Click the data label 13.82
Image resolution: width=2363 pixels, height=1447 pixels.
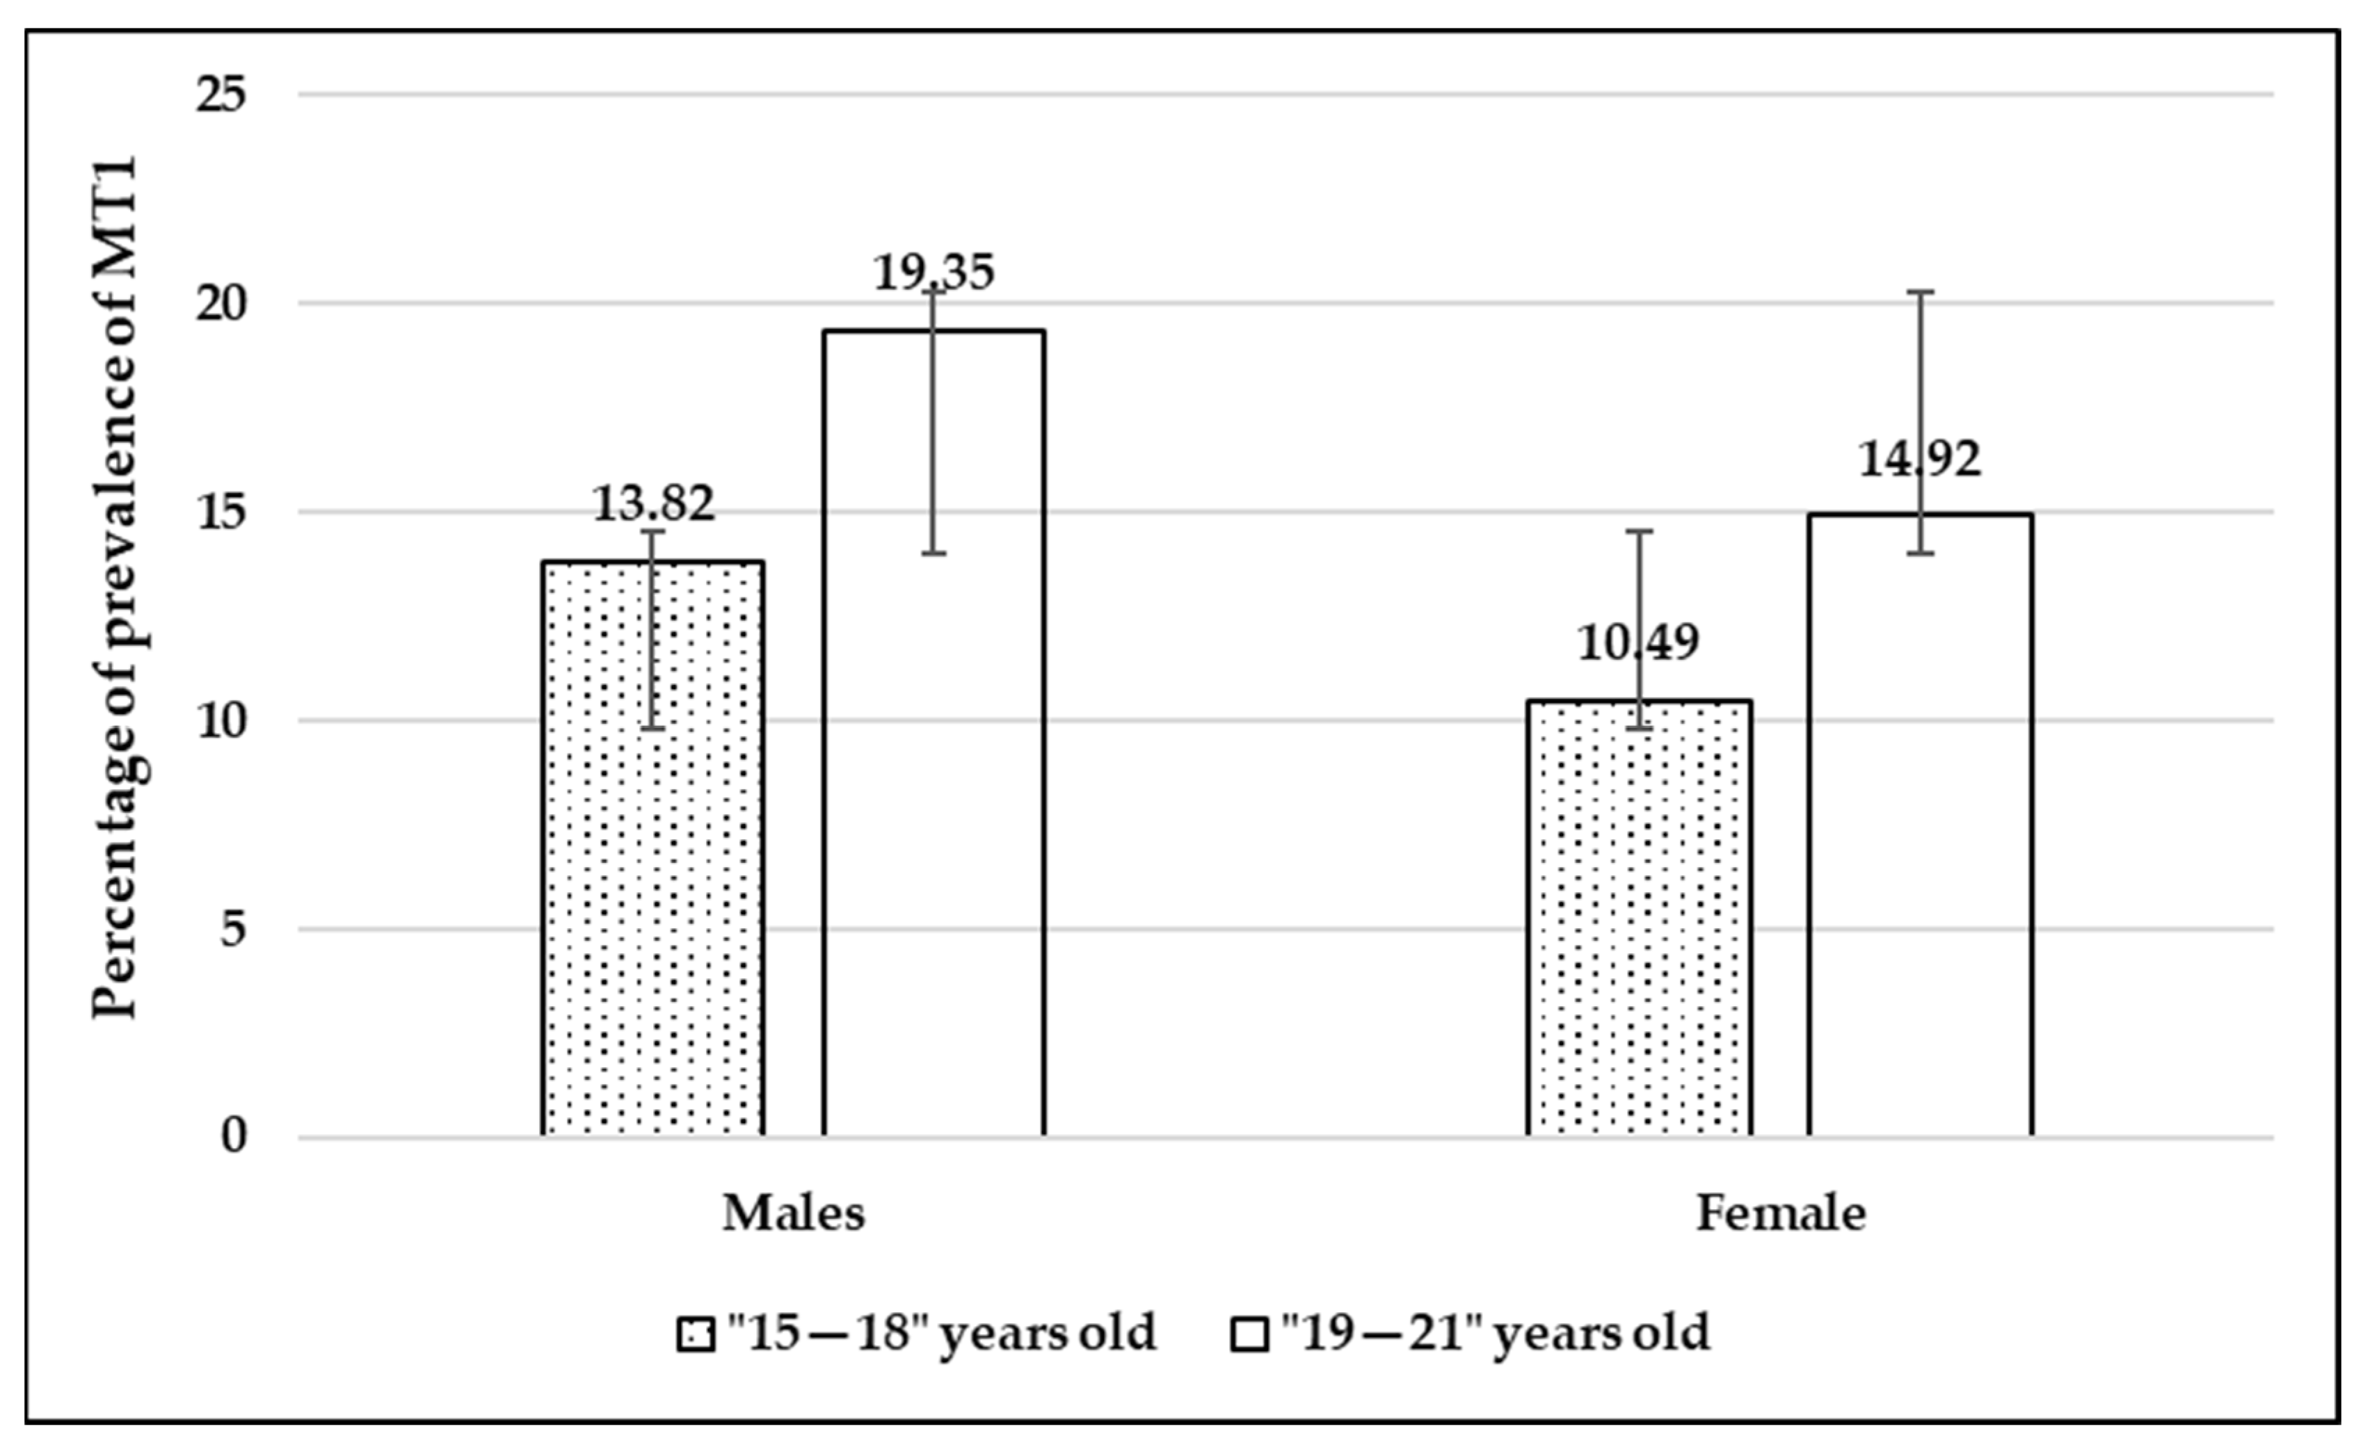653,503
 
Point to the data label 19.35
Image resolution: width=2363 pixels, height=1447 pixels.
933,273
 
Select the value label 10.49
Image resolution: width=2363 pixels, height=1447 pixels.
1638,642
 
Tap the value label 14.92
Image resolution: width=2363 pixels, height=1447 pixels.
1919,460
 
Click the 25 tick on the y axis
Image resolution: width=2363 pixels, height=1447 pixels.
221,95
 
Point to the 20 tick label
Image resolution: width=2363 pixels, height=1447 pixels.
221,304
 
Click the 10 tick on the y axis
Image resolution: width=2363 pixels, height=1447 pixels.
221,720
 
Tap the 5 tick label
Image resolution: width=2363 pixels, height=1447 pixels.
233,929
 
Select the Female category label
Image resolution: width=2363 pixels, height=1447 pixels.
1781,1213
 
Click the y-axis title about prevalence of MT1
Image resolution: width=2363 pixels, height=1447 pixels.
115,587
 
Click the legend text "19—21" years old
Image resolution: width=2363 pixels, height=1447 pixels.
1496,1333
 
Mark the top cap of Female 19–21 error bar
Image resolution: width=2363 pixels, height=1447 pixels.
1920,291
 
